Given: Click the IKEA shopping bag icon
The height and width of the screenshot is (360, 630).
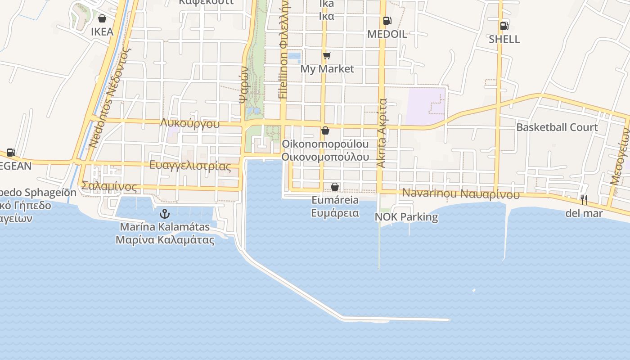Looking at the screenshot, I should point(102,18).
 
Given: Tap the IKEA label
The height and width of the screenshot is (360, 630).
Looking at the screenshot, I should point(102,32).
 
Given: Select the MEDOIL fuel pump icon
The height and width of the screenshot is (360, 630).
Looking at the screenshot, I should point(387,21).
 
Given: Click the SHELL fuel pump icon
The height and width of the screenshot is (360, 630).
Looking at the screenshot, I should point(504,26).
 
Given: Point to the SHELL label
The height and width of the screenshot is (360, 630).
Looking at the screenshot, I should point(504,39).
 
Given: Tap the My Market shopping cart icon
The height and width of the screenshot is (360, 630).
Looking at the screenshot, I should point(327,56).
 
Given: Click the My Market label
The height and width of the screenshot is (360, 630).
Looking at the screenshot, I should point(327,69).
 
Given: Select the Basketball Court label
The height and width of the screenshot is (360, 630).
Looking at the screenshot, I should point(557,127).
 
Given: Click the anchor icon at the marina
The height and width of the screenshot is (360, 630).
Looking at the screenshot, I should point(165,213).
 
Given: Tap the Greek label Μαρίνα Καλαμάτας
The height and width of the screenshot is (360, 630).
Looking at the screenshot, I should point(165,240).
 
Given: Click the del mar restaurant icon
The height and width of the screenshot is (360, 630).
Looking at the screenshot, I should point(584,200).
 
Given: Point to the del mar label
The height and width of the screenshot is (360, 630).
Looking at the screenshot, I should point(584,213).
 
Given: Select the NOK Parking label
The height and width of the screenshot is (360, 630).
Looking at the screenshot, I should point(406,217).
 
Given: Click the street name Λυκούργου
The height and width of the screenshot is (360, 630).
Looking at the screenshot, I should point(189,124).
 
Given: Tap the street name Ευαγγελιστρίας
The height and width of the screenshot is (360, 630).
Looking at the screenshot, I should point(190,166).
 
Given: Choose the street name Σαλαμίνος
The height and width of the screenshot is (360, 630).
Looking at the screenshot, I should point(109,186).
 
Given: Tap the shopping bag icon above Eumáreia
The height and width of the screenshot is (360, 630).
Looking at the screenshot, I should point(335,186).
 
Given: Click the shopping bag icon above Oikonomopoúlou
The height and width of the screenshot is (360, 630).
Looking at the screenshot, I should point(325,130).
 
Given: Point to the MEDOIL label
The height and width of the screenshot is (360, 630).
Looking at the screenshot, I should point(387,34).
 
